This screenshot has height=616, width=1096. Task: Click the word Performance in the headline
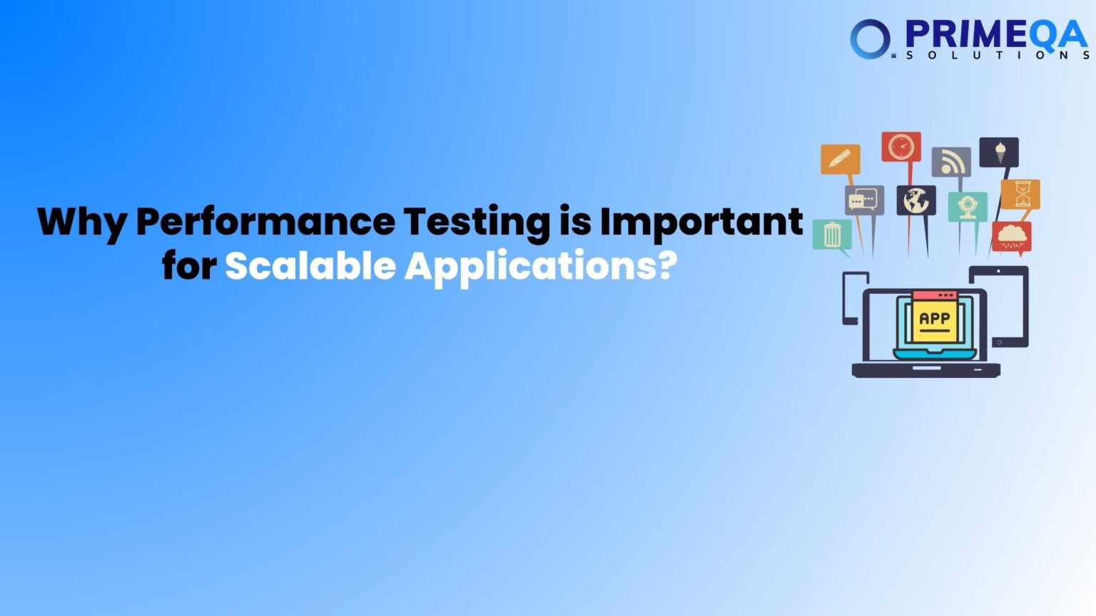click(265, 222)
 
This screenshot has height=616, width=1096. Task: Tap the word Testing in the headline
click(477, 222)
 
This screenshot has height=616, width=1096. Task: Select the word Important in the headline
click(701, 221)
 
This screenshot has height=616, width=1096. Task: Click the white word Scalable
click(310, 267)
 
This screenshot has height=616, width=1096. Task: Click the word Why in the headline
click(81, 222)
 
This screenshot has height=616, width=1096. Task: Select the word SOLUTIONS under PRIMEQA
click(997, 55)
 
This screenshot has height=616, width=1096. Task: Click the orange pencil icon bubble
click(840, 159)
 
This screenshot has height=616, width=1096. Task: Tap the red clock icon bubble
click(901, 147)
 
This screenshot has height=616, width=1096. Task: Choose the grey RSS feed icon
click(951, 163)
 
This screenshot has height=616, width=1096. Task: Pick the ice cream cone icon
click(999, 152)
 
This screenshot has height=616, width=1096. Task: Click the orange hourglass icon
click(1021, 194)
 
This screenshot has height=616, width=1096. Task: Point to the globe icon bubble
click(916, 200)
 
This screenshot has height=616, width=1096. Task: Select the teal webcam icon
click(968, 206)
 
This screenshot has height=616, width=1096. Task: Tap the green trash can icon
click(832, 235)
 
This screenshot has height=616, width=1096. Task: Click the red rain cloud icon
click(1012, 236)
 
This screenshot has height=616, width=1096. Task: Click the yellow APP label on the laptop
click(934, 319)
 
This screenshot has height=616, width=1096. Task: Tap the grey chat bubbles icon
click(864, 200)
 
